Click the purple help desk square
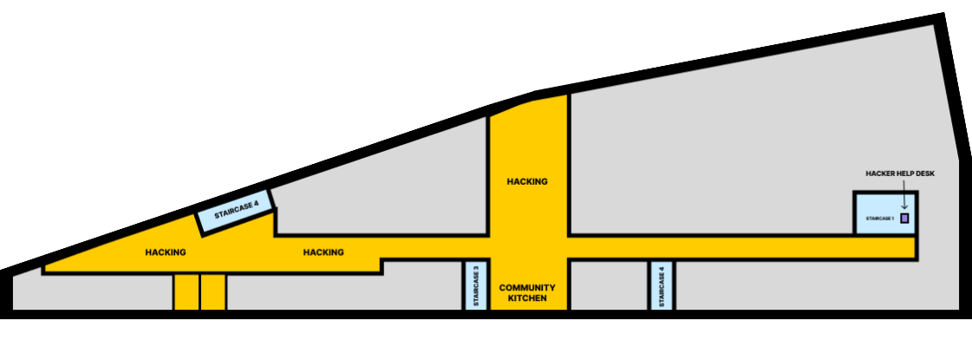(904, 219)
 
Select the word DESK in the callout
(925, 173)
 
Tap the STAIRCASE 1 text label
(879, 219)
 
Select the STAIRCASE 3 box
(476, 285)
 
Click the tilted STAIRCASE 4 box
(236, 211)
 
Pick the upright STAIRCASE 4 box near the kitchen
(662, 285)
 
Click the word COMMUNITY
(527, 287)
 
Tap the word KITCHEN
(527, 298)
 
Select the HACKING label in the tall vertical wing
(527, 181)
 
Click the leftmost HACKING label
(166, 252)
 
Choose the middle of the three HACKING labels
(323, 252)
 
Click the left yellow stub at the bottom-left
(186, 292)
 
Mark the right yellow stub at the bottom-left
(213, 292)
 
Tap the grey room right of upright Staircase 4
(815, 285)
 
